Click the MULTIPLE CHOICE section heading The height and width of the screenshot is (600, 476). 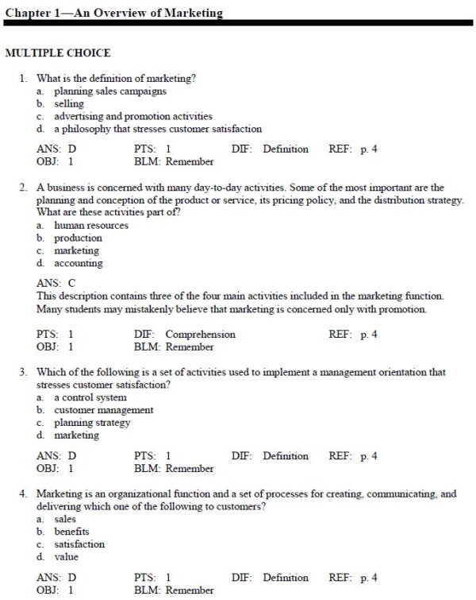coord(58,53)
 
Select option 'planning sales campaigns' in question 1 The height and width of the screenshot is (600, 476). coord(99,91)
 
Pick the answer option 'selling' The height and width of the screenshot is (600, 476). coord(69,104)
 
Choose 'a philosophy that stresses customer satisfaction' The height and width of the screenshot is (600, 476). coord(158,129)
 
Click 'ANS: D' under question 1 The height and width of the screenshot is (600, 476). coord(57,149)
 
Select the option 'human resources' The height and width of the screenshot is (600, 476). coord(90,226)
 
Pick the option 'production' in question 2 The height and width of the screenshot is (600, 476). coord(78,238)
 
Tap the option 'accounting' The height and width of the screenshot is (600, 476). coord(78,263)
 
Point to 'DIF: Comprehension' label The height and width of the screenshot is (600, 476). coord(185,335)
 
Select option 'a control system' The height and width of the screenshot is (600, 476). coord(90,397)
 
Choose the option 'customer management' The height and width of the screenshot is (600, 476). coord(103,410)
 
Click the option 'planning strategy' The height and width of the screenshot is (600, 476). coord(91,423)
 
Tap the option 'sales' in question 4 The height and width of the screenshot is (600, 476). coord(65,519)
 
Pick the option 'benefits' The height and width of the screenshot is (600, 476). coord(71,532)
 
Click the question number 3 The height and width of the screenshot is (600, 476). coord(24,372)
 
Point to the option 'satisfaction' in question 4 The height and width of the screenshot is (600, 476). coord(79,544)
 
